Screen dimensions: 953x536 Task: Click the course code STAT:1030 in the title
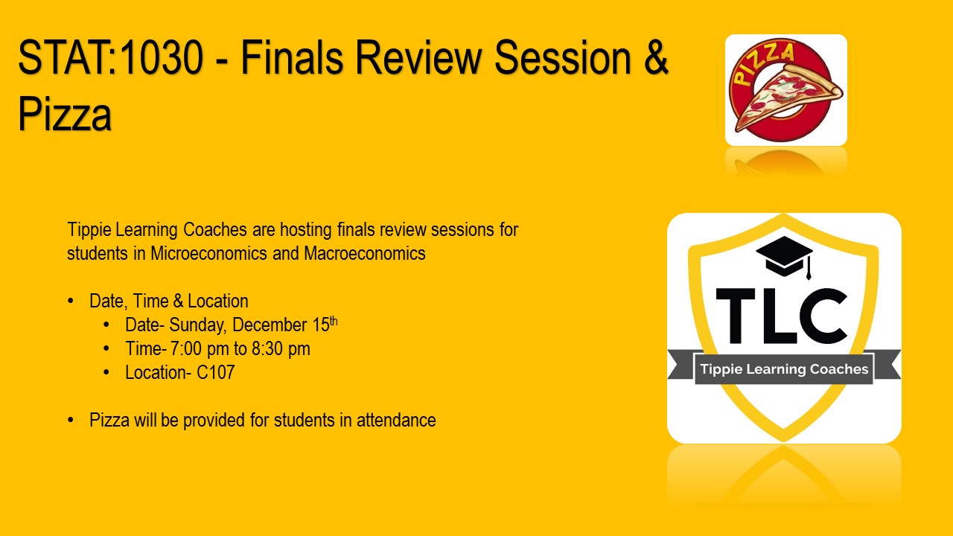[110, 57]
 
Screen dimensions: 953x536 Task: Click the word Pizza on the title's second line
[65, 115]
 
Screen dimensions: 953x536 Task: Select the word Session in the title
[562, 57]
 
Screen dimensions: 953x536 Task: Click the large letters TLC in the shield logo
[782, 316]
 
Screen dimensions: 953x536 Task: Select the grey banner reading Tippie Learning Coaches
[784, 368]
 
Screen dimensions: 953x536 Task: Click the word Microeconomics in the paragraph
[209, 254]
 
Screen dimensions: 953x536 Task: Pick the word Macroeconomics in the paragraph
[365, 254]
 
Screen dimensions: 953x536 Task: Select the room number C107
[216, 373]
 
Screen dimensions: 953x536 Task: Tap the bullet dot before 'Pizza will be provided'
[71, 421]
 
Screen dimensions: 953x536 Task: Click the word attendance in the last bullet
[396, 421]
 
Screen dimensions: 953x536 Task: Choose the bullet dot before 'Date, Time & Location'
[71, 301]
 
